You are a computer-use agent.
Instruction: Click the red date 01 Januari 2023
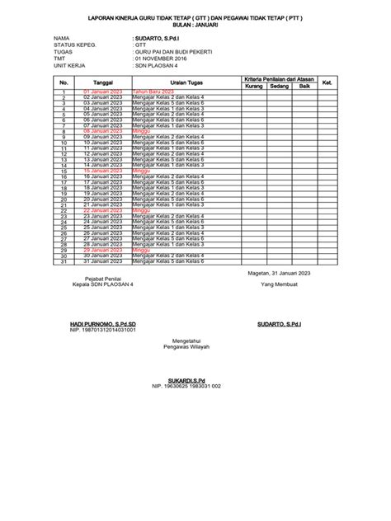(103, 92)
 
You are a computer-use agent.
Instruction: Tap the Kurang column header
(254, 85)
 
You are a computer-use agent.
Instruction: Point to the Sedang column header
(280, 85)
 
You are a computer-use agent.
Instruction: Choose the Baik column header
(304, 85)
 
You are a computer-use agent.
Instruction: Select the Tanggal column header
(103, 82)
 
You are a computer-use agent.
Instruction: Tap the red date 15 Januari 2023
(103, 171)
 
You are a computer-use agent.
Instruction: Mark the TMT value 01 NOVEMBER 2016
(164, 59)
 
